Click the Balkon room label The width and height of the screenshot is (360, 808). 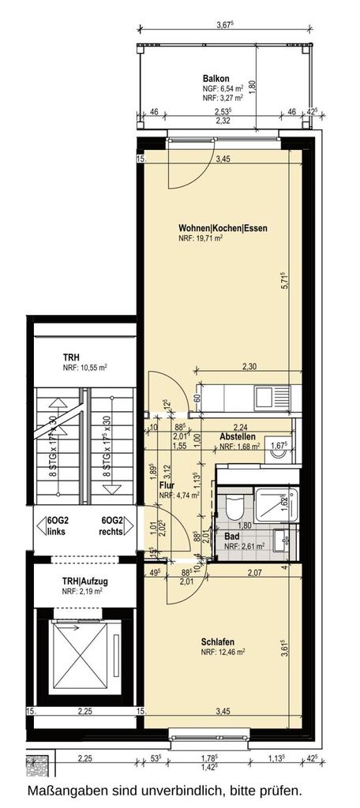[216, 79]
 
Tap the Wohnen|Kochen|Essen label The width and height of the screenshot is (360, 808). [223, 229]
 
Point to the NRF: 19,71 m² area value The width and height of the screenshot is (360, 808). [201, 238]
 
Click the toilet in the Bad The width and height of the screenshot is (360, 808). [234, 510]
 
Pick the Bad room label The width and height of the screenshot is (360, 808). [231, 535]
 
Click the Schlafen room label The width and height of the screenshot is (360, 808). [218, 642]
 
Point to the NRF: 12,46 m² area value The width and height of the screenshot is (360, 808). [223, 652]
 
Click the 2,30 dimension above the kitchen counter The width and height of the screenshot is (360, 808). [249, 366]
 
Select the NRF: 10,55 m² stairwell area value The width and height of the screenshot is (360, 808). [85, 368]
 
